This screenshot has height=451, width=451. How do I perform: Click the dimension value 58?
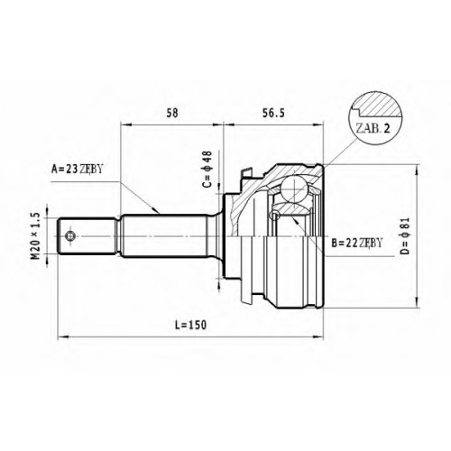tap(172, 113)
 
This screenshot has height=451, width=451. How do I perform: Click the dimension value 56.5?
tap(273, 113)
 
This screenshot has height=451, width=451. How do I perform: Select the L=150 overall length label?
tap(191, 325)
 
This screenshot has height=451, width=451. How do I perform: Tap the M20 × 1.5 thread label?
tap(35, 235)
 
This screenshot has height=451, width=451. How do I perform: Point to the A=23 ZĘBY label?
tap(78, 170)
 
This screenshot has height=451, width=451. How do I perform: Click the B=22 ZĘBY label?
tap(357, 243)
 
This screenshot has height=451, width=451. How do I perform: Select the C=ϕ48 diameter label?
tap(207, 169)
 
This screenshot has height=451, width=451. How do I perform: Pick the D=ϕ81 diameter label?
tap(406, 235)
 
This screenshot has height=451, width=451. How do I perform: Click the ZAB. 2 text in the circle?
tap(373, 129)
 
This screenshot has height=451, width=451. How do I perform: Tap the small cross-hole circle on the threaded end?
tap(70, 236)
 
